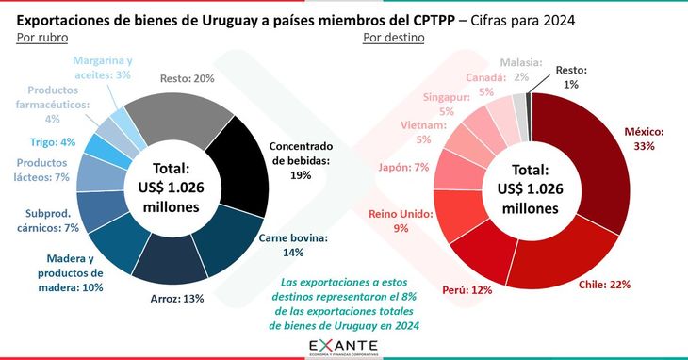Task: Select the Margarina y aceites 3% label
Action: [102, 67]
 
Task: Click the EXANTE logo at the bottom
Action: [344, 348]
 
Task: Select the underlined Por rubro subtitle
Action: [43, 37]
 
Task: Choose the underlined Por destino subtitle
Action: [393, 37]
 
